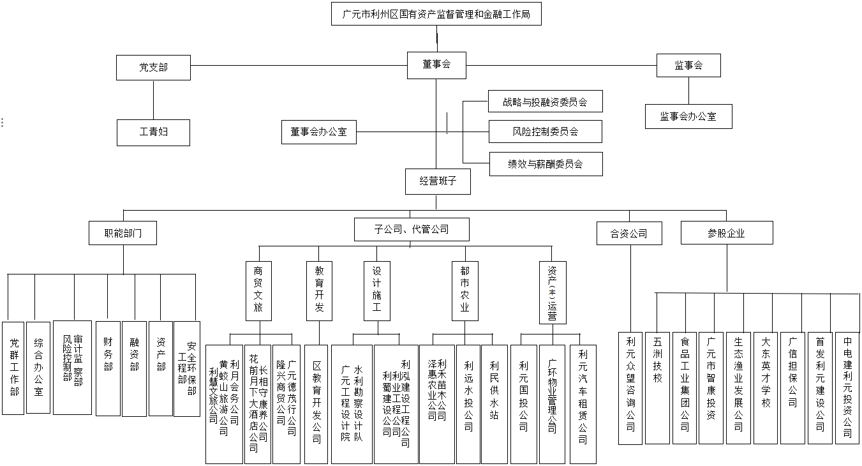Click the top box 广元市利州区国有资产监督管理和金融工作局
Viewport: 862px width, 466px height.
click(x=436, y=13)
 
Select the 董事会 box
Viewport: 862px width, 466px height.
click(x=436, y=64)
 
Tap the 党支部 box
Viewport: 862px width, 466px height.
click(x=153, y=67)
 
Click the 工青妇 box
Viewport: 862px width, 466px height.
click(x=153, y=132)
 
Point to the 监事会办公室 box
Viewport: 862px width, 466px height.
click(x=688, y=116)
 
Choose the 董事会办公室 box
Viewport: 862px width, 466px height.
click(x=318, y=132)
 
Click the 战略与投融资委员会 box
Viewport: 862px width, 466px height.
click(x=546, y=101)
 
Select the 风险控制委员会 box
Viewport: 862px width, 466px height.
click(x=545, y=132)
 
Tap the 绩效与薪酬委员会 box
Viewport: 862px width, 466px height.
click(x=545, y=164)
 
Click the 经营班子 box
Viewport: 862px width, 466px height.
click(x=438, y=181)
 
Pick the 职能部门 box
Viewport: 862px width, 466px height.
click(x=123, y=233)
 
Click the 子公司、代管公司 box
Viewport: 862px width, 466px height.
click(x=412, y=229)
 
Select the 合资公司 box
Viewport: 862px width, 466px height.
click(x=629, y=233)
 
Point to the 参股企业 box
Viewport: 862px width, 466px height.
click(x=726, y=233)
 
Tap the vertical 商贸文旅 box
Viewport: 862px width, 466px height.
click(x=258, y=290)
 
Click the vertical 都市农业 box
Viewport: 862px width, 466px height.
click(x=464, y=290)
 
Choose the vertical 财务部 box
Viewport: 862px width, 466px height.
click(x=108, y=368)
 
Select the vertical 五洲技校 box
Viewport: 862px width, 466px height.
click(x=657, y=387)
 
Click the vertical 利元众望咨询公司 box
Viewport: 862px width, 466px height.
click(x=630, y=387)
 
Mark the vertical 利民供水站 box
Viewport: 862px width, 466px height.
click(x=494, y=403)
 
